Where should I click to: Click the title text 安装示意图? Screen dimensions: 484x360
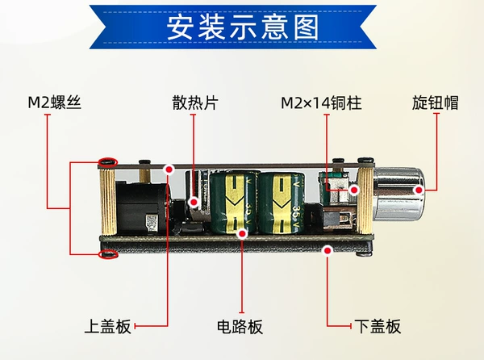(243, 27)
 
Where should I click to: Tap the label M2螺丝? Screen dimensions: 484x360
(54, 103)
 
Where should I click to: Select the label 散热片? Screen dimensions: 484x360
(195, 103)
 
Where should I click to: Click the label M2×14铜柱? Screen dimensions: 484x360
(321, 103)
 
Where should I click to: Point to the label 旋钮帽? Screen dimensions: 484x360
(436, 103)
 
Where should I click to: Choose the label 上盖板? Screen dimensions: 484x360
(108, 326)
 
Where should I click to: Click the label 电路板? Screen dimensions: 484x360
(240, 327)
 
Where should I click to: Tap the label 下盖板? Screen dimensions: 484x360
(378, 326)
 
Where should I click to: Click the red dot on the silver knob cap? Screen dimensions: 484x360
(419, 190)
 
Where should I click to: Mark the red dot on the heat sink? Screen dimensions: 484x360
(194, 203)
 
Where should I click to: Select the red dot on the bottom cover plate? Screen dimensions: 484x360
(328, 250)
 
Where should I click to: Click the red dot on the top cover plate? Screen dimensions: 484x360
(169, 170)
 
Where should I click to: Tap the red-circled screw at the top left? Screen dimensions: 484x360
(108, 161)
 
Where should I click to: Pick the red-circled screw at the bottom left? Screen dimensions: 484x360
(108, 255)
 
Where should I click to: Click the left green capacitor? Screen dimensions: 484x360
(234, 203)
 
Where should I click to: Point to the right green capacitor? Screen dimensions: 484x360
(282, 203)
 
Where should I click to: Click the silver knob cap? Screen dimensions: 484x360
(398, 194)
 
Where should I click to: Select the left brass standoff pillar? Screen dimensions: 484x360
(108, 201)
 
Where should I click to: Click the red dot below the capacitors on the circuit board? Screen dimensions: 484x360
(243, 234)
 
